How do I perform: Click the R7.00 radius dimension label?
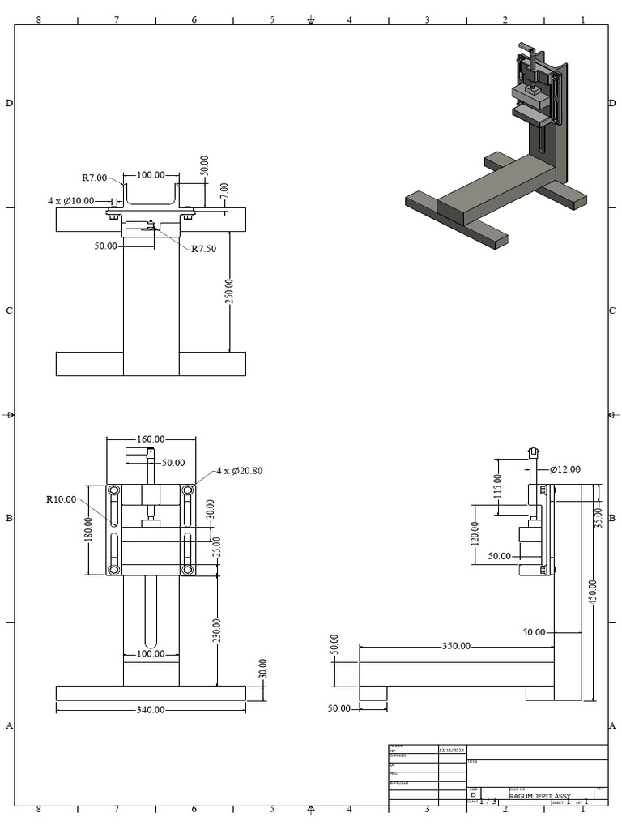(x=94, y=178)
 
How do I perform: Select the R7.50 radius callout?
(x=204, y=249)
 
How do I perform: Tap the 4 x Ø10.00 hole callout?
(x=70, y=200)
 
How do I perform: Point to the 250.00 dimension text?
(x=229, y=292)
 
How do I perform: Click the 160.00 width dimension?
(x=151, y=439)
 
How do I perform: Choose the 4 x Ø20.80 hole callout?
(x=239, y=470)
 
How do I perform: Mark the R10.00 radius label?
(x=61, y=499)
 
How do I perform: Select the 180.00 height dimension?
(x=88, y=532)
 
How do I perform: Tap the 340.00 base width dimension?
(x=150, y=709)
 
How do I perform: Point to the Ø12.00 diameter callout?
(x=564, y=469)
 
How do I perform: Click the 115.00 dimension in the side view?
(x=498, y=486)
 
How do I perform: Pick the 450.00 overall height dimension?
(x=593, y=591)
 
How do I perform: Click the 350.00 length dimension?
(x=456, y=646)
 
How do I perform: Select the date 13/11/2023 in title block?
(x=452, y=751)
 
